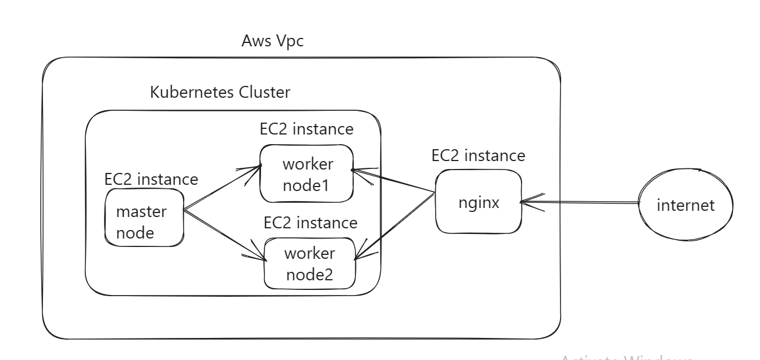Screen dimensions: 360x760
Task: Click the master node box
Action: coord(145,218)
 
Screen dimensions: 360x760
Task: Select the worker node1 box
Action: coord(307,174)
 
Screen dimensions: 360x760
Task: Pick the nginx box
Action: coord(478,203)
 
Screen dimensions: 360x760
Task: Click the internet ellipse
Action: coord(685,205)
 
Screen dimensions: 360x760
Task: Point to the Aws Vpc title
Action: coord(273,41)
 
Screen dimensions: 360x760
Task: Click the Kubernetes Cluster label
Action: coord(220,92)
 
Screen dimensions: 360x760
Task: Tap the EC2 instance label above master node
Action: coord(151,179)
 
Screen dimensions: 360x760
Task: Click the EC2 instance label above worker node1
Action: coord(307,129)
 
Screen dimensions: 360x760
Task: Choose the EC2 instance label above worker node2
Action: coord(311,222)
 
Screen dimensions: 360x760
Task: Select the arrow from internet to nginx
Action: coord(582,202)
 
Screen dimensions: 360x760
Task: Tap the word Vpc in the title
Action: coord(291,41)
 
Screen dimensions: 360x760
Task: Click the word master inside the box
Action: coord(141,212)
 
